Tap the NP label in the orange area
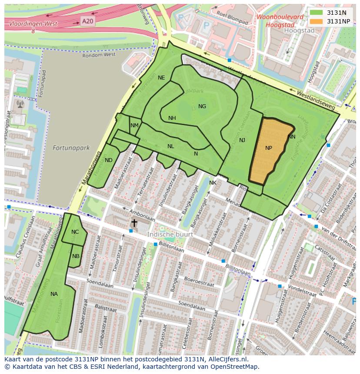point(269,148)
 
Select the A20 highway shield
point(87,20)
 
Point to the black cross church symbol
point(134,223)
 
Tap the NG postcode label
point(202,106)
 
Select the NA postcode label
point(54,294)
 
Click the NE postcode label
point(161,78)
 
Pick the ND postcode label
point(109,160)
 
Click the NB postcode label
point(76,256)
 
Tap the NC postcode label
point(75,232)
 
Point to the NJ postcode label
point(242,140)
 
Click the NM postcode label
point(134,126)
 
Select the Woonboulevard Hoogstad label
point(280,21)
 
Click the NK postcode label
point(213,183)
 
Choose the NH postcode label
point(172,118)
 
